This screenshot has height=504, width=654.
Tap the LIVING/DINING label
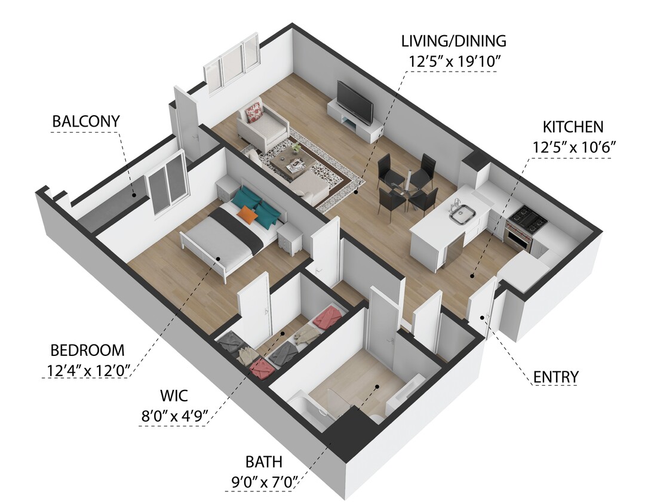[x=453, y=42]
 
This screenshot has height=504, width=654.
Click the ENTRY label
[x=555, y=377]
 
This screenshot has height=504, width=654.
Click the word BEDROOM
[x=87, y=351]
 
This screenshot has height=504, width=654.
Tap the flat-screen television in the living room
[x=355, y=102]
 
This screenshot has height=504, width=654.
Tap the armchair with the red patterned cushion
[x=260, y=124]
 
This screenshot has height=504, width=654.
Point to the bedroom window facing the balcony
[x=167, y=182]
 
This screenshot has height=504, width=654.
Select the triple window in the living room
[x=233, y=63]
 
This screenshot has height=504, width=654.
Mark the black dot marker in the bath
[x=378, y=386]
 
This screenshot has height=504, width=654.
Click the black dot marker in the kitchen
[x=472, y=276]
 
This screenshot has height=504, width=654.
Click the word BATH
[x=263, y=462]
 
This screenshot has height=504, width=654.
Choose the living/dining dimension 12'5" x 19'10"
[x=453, y=61]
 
